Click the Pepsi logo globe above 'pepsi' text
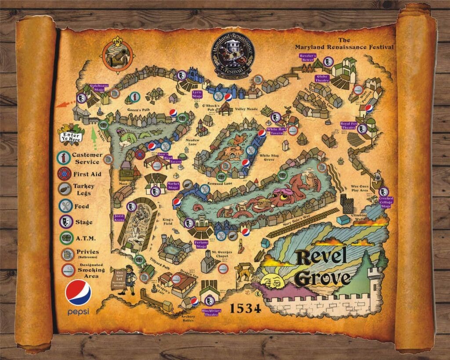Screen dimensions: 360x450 click(78, 293)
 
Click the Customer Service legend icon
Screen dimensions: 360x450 click(65, 157)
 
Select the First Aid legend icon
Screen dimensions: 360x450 click(65, 174)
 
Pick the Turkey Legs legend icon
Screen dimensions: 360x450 click(65, 189)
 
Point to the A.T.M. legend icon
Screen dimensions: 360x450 click(65, 238)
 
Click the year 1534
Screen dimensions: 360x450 click(246, 306)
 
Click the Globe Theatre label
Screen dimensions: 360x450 click(322, 78)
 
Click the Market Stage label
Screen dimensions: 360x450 click(173, 186)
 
